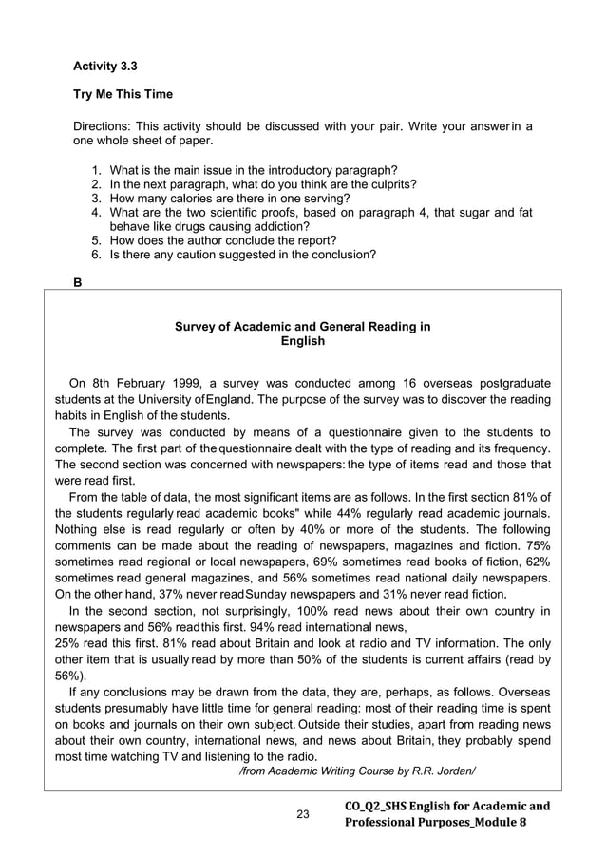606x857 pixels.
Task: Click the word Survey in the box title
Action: click(197, 327)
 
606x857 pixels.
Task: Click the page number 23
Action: click(303, 814)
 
